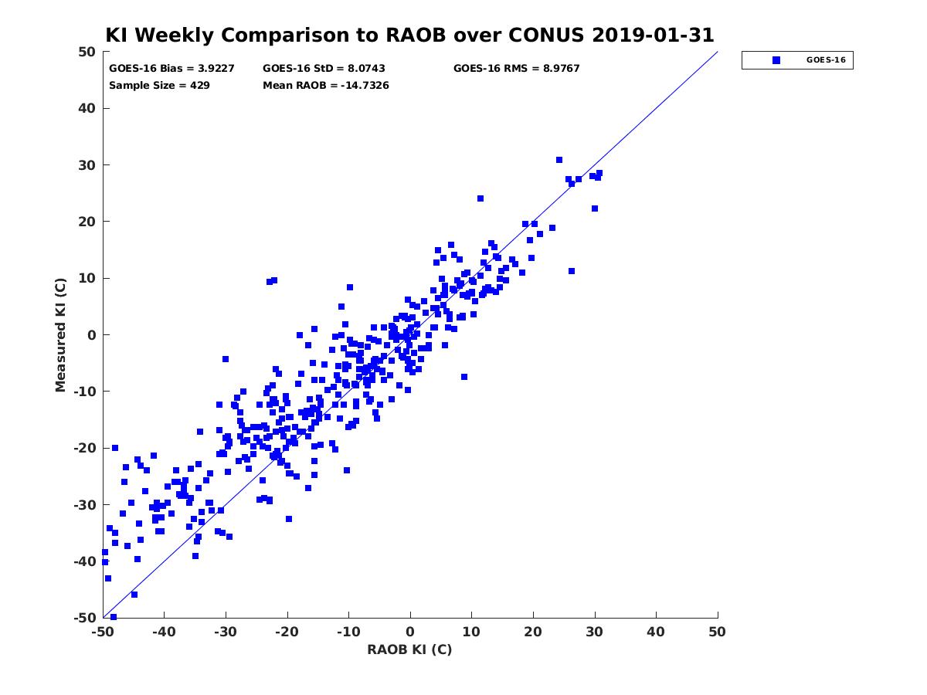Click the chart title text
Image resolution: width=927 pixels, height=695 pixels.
(409, 35)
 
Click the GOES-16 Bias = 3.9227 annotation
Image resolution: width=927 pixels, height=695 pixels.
(171, 69)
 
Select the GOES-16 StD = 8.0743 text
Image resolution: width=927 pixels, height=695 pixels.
(324, 69)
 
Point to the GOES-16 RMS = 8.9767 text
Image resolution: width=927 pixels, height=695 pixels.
(516, 69)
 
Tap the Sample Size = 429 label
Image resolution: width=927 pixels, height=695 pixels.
(159, 86)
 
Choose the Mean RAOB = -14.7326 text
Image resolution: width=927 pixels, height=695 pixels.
(326, 86)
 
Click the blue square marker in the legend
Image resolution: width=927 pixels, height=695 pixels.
(776, 60)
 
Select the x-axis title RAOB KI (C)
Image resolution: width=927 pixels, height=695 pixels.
(409, 649)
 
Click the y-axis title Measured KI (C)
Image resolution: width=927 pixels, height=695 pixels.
(60, 334)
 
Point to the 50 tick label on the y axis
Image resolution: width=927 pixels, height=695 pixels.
(87, 52)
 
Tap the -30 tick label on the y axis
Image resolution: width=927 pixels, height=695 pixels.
(85, 505)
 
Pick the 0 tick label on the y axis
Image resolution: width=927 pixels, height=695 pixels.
(92, 335)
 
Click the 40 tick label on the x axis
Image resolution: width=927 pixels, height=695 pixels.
(655, 632)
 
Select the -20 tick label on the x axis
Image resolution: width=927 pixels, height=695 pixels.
(287, 632)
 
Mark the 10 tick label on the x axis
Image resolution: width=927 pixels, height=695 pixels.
(471, 632)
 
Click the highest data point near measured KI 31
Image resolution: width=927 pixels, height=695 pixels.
(559, 160)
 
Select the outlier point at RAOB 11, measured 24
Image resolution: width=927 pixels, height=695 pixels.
(480, 198)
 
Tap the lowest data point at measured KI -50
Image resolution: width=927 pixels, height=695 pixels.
(114, 617)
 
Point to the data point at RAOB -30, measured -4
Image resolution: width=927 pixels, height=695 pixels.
(226, 359)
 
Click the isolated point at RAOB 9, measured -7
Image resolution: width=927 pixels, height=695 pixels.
(464, 377)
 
